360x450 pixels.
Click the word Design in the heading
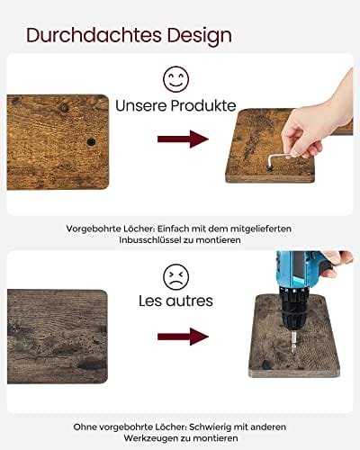point(194,35)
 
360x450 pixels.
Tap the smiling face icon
point(176,78)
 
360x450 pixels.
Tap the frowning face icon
point(176,275)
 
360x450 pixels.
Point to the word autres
point(190,301)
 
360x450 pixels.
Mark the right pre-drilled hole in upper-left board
point(92,142)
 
